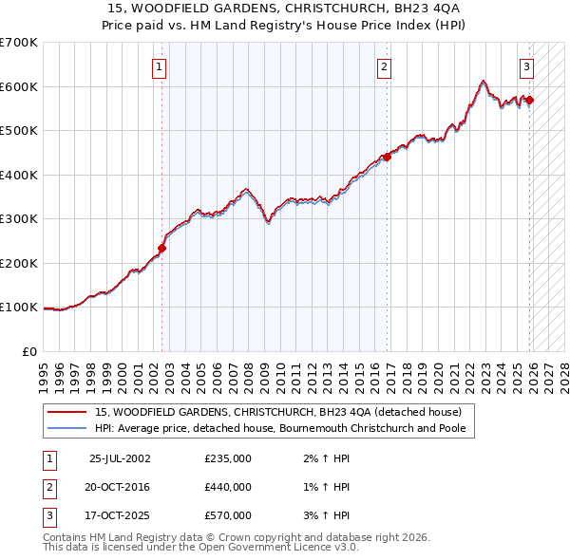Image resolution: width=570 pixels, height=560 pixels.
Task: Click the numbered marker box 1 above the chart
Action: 159,66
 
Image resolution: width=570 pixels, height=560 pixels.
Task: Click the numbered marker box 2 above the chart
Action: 384,66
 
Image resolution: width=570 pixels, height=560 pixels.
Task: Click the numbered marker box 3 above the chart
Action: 526,66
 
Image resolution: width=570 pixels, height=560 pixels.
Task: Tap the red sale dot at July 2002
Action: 161,249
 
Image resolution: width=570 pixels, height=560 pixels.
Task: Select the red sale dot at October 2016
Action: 388,158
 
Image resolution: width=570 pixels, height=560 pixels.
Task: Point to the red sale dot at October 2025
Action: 529,101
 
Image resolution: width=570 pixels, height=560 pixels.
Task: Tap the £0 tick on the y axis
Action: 28,352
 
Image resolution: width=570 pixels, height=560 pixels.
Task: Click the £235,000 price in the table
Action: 228,458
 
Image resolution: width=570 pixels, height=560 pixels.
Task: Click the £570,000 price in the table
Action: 228,515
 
